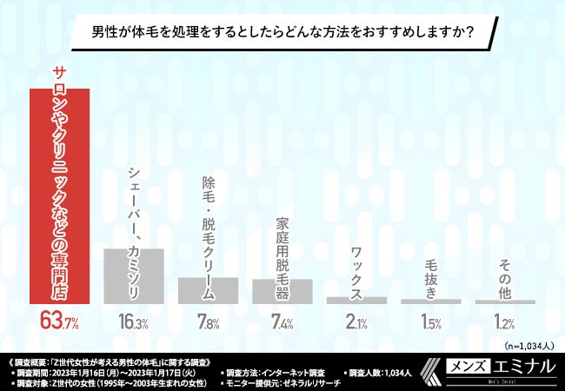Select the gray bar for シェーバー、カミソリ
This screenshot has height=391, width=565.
[x=134, y=275]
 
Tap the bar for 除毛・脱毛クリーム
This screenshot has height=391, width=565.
[x=208, y=290]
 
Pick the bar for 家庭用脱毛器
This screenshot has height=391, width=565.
[x=282, y=291]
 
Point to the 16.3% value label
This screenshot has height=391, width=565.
[x=134, y=323]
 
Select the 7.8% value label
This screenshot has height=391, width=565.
[x=208, y=323]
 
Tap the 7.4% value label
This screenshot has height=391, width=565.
[x=282, y=323]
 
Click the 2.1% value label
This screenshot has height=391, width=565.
[x=356, y=323]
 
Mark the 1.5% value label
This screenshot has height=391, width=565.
[x=431, y=323]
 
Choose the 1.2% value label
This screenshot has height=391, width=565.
[x=505, y=323]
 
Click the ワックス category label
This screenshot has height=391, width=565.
[x=356, y=270]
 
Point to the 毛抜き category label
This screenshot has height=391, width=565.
[x=431, y=279]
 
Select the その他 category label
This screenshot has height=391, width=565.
[x=505, y=279]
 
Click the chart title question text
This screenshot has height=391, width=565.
[x=282, y=34]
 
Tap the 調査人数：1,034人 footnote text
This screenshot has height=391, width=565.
[x=383, y=372]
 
